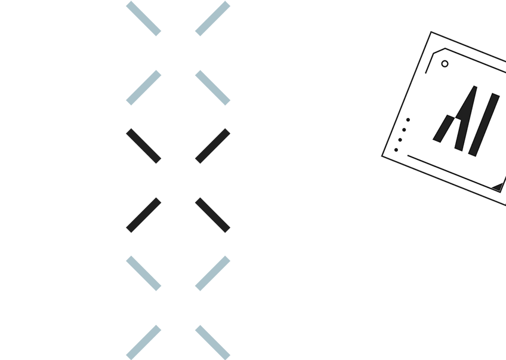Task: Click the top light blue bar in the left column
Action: pyautogui.click(x=144, y=19)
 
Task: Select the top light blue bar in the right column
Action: pyautogui.click(x=212, y=19)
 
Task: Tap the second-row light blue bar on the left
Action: pyautogui.click(x=144, y=88)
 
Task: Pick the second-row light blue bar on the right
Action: pyautogui.click(x=212, y=88)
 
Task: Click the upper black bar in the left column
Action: pyautogui.click(x=144, y=146)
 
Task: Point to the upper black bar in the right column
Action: pyautogui.click(x=212, y=146)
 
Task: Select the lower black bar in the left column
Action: pyautogui.click(x=144, y=215)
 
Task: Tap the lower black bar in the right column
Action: pyautogui.click(x=212, y=215)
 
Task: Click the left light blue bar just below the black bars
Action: pyautogui.click(x=144, y=273)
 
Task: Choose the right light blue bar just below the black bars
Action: pyautogui.click(x=212, y=273)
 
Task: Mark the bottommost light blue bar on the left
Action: pyautogui.click(x=144, y=342)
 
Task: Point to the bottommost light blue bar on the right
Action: pyautogui.click(x=212, y=342)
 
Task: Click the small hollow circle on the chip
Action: pyautogui.click(x=445, y=64)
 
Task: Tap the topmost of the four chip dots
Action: pyautogui.click(x=408, y=120)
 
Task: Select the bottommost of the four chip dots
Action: pyautogui.click(x=396, y=150)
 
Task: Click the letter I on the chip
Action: pyautogui.click(x=484, y=125)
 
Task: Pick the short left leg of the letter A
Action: pyautogui.click(x=444, y=128)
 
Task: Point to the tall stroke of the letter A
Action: pyautogui.click(x=465, y=118)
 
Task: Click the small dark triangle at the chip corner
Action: pyautogui.click(x=498, y=187)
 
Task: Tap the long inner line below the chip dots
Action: pyautogui.click(x=454, y=174)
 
